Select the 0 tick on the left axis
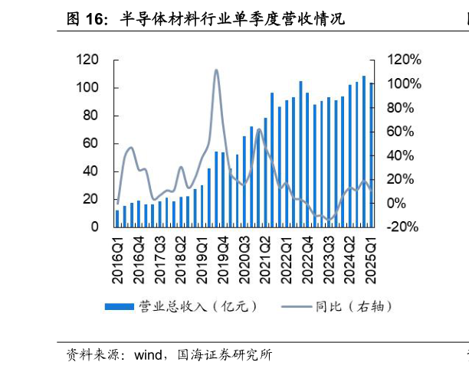tap(95, 227)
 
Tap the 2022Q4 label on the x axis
tap(309, 258)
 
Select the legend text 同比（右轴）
tap(353, 307)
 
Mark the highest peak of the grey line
tap(215, 70)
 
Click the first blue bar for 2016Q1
tap(118, 218)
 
